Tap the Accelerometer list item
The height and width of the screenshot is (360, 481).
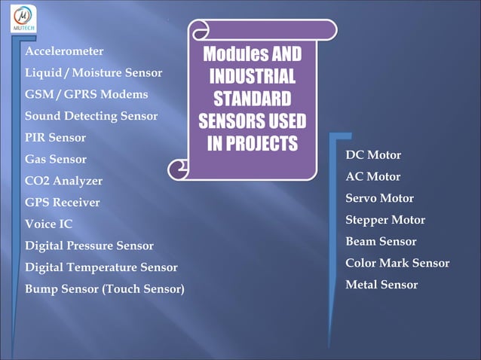click(x=64, y=51)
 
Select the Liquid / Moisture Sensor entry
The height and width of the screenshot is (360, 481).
click(x=93, y=73)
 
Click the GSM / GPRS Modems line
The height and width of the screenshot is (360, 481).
click(x=86, y=95)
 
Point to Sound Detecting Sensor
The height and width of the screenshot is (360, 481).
click(x=91, y=116)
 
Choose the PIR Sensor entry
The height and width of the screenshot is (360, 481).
click(x=55, y=138)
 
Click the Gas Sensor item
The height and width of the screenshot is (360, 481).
click(x=56, y=160)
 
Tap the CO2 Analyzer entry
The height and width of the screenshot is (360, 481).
click(x=64, y=182)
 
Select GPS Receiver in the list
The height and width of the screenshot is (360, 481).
click(x=63, y=203)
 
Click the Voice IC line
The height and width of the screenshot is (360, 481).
click(x=49, y=224)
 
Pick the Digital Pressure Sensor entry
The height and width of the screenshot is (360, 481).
click(x=89, y=246)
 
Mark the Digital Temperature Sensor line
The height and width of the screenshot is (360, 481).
click(x=101, y=267)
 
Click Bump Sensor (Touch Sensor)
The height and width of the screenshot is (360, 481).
click(x=104, y=289)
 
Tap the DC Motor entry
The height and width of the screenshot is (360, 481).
click(x=373, y=155)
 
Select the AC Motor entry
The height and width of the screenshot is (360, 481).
click(x=373, y=177)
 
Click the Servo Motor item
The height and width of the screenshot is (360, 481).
click(x=379, y=199)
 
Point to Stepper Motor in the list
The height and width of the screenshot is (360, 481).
click(x=385, y=220)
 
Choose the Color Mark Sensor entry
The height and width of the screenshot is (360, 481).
click(x=397, y=263)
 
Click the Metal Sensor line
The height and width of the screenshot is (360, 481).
click(x=381, y=285)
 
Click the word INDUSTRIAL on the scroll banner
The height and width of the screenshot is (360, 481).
click(x=252, y=77)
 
